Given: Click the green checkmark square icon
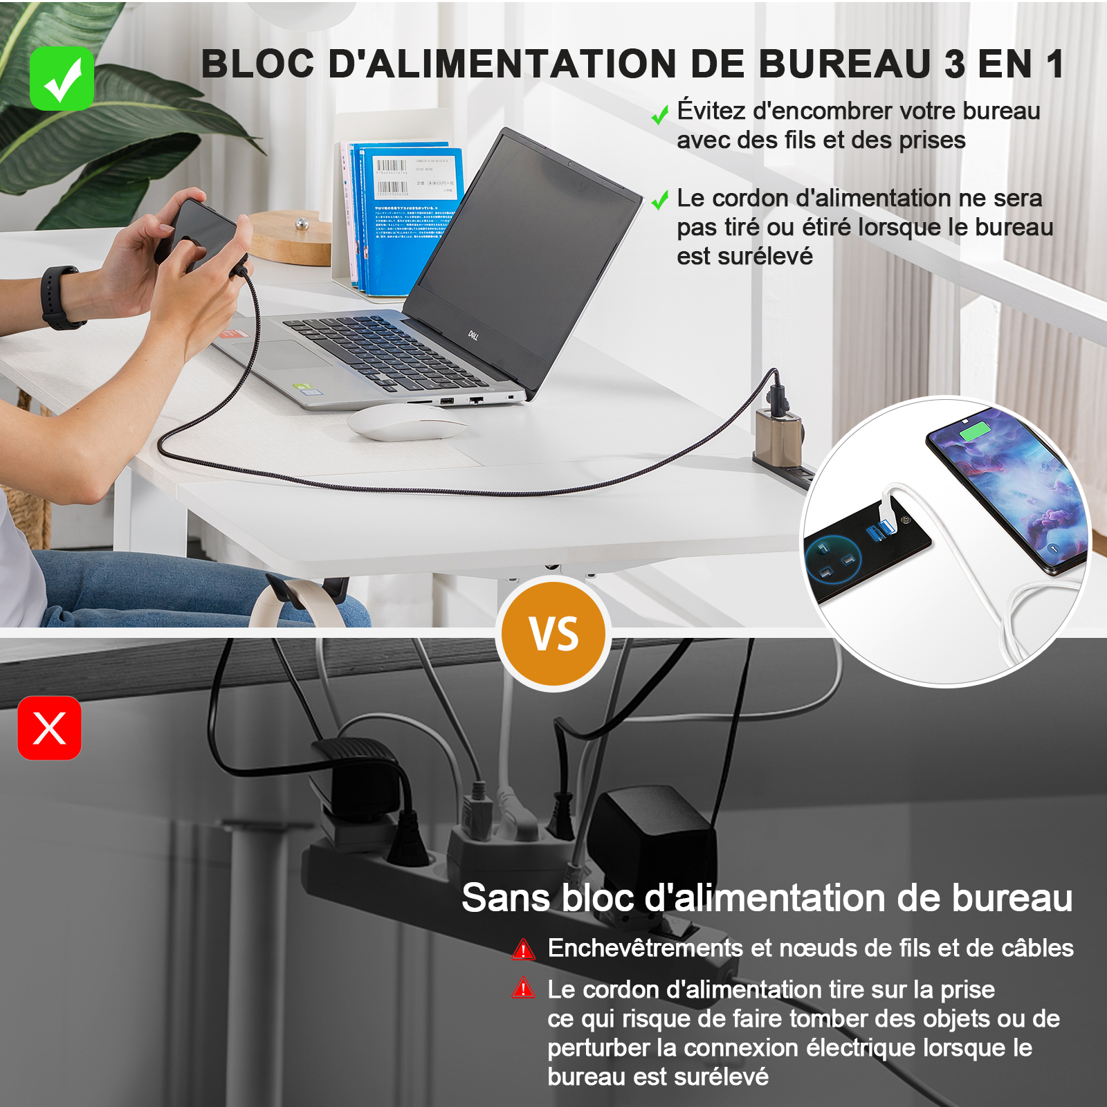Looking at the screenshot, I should [62, 78].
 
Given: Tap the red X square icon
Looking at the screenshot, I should [49, 728].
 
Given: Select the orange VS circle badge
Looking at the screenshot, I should [553, 634].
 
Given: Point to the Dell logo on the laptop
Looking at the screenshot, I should [473, 336].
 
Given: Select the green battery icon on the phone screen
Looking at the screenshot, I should [975, 432].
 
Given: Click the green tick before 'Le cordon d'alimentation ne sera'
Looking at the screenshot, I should [660, 201].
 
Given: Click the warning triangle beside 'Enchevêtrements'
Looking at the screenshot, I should [524, 949].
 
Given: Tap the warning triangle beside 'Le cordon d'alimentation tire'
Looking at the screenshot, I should [524, 988].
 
